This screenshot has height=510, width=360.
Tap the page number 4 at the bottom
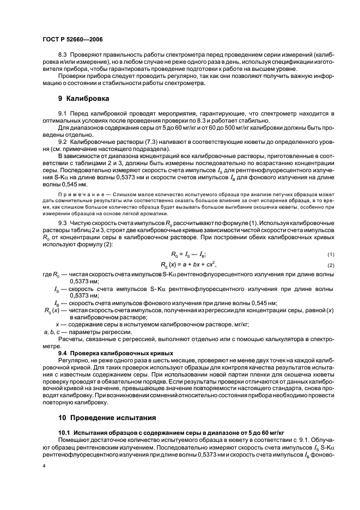tap(44, 466)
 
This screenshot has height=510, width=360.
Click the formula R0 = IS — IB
tap(185, 254)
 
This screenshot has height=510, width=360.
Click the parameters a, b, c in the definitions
tap(51, 332)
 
